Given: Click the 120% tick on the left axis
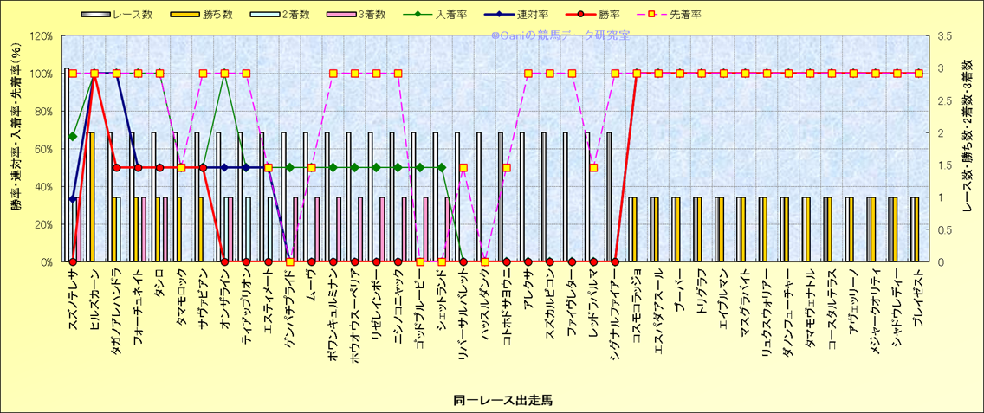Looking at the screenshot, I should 40,36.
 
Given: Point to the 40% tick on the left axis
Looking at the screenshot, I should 42,187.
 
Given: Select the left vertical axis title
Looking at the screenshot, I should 16,149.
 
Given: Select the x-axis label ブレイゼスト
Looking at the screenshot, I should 917,299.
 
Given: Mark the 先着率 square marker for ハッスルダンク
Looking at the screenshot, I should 485,261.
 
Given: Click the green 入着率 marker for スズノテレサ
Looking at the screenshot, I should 73,136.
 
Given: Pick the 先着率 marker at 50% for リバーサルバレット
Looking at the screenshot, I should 463,168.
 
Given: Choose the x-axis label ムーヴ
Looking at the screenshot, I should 312,284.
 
